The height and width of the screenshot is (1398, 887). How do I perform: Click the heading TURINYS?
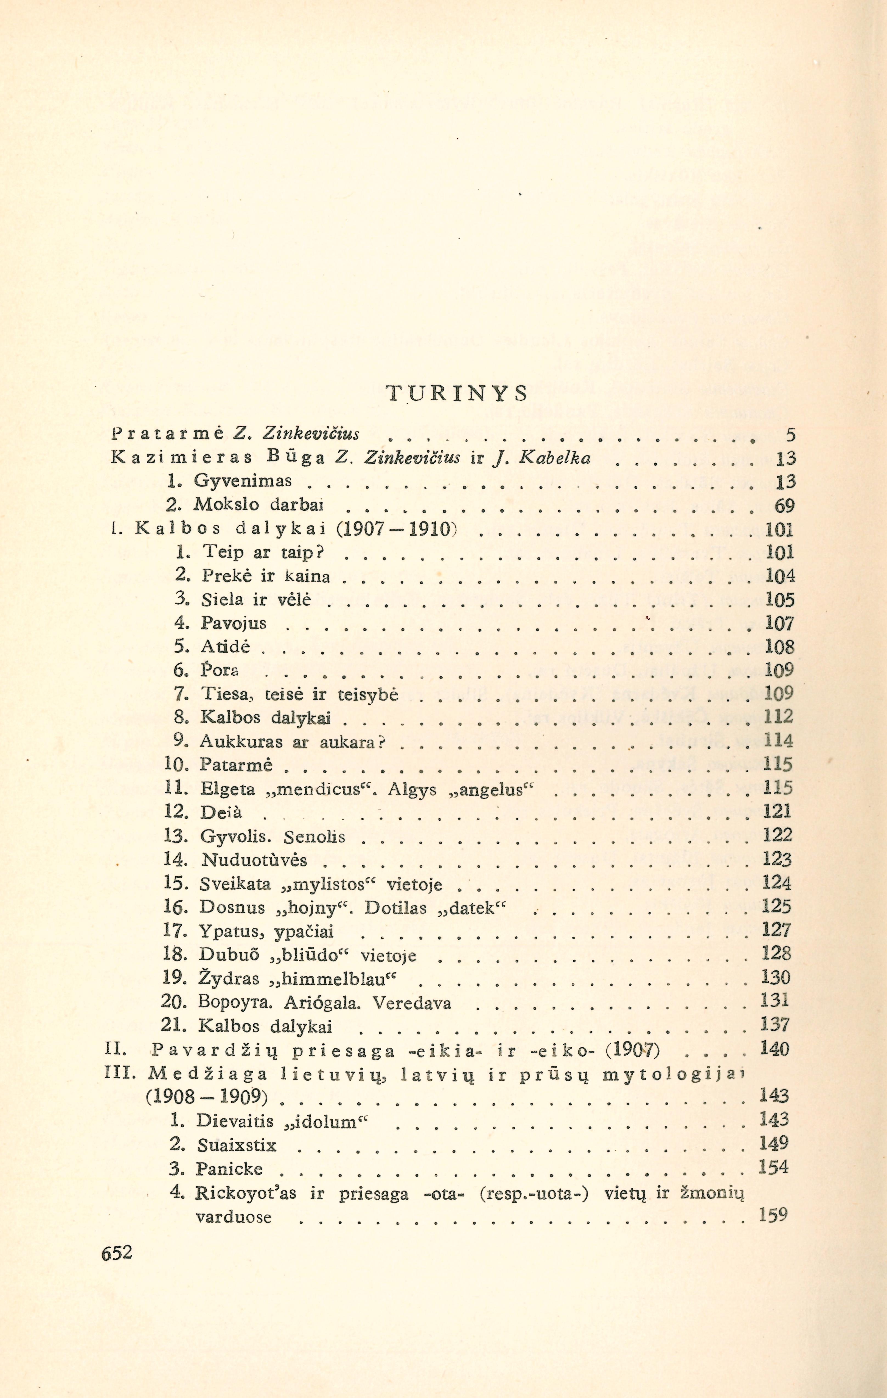(x=457, y=394)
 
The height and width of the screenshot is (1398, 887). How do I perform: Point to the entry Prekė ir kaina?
(x=266, y=576)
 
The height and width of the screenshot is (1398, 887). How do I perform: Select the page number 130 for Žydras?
(x=776, y=978)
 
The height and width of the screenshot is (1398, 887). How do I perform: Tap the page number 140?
(x=774, y=1048)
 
